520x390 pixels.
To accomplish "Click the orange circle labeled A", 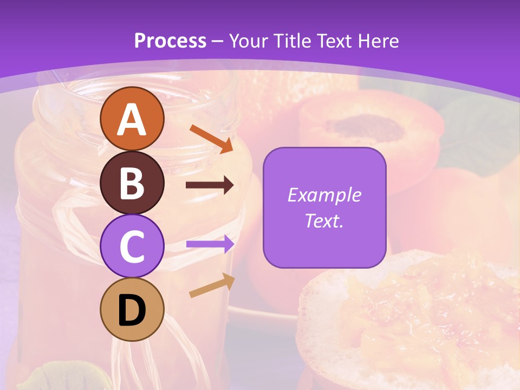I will pos(132,119).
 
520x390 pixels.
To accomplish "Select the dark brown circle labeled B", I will pos(132,183).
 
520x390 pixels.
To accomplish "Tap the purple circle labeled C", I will pos(132,246).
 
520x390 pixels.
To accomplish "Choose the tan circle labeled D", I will pos(132,309).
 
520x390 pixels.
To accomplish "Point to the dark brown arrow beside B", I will pos(210,185).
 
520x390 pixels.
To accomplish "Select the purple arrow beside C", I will pos(210,244).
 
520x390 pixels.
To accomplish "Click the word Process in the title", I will pos(170,41).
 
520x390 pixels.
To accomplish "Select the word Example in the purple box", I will pos(324,195).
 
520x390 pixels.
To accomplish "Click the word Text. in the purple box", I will pos(324,220).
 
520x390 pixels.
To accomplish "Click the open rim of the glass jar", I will pos(135,92).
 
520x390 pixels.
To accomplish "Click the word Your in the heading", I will pos(249,41).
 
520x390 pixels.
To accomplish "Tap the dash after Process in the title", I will pos(217,41).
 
